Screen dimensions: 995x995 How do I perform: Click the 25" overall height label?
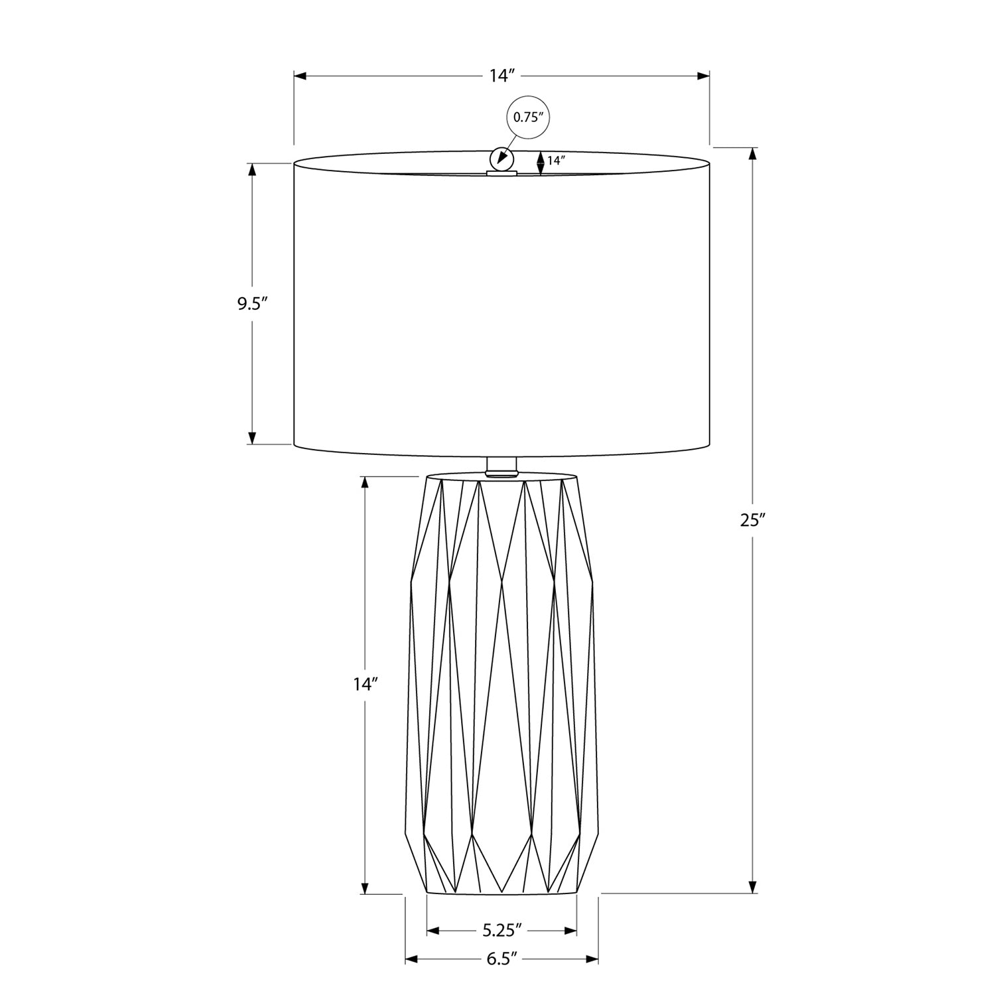pos(753,521)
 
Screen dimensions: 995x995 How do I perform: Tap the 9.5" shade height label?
pos(252,304)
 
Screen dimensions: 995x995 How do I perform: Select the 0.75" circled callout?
pos(529,118)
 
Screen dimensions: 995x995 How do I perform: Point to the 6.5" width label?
pos(501,959)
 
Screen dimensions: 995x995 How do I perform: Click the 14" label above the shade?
pos(502,76)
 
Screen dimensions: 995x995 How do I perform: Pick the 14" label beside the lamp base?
pos(365,685)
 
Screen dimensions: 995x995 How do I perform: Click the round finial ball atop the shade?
pos(501,159)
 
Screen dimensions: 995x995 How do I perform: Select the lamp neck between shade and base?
pos(501,466)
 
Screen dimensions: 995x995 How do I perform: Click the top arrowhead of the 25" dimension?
pos(752,154)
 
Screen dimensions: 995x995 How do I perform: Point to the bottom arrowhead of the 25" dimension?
pos(752,887)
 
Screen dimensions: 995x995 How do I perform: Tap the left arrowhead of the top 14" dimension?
pos(300,76)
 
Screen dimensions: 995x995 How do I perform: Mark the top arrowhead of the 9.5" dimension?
pos(252,170)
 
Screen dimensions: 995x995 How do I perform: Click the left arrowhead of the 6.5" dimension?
pos(412,959)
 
